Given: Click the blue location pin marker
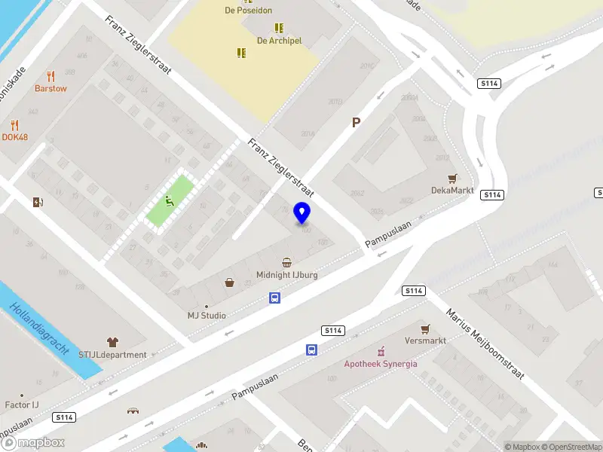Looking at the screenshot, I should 302,212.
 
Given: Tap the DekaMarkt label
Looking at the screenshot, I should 452,191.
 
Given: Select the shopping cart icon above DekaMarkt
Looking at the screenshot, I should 452,179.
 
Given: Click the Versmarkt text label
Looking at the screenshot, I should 425,341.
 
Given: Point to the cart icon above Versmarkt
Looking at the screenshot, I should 425,329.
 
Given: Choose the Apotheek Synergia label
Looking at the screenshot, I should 381,364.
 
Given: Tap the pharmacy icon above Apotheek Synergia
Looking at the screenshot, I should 381,352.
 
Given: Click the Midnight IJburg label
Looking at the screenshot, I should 287,275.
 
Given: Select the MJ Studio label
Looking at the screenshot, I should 207,315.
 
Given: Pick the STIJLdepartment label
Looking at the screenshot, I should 113,354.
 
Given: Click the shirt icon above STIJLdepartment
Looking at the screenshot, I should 113,342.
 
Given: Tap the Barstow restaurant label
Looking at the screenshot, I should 51,88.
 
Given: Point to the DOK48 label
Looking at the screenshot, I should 15,137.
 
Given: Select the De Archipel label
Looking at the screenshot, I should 279,41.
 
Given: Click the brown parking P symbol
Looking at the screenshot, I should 356,122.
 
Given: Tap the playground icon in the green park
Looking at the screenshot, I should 170,200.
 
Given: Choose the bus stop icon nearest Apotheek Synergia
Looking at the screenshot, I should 311,350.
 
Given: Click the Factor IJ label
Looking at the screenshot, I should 22,405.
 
